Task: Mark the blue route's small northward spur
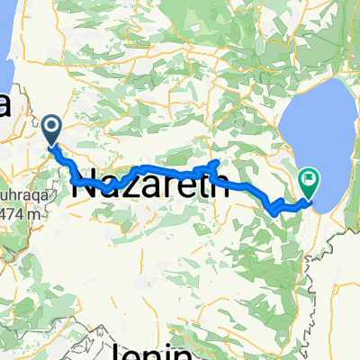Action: coord(215,163)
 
